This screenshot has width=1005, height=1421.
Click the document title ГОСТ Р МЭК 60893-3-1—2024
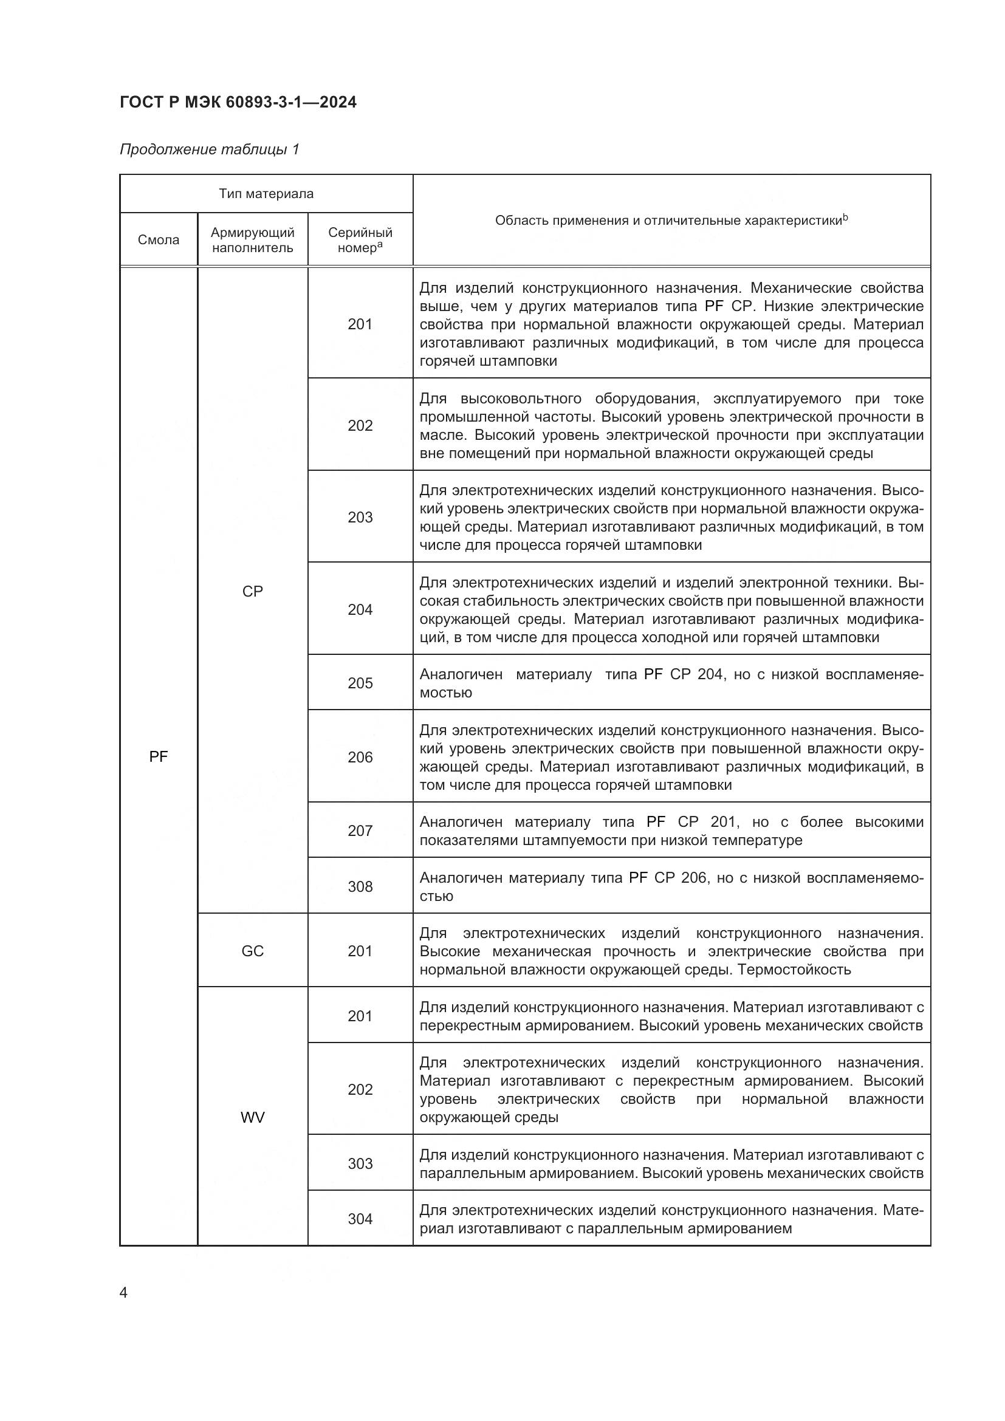[x=238, y=102]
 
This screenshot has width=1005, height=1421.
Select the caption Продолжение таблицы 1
[x=209, y=149]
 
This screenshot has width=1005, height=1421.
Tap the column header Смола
[x=159, y=240]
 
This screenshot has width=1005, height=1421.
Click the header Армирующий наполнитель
[x=253, y=240]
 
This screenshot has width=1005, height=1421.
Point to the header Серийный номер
[x=360, y=240]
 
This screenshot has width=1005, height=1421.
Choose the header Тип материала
[x=266, y=194]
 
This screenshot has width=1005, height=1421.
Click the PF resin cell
[x=159, y=756]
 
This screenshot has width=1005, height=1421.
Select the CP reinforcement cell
[x=253, y=591]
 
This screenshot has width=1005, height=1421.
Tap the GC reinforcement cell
[x=253, y=951]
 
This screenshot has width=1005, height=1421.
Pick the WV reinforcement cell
[x=253, y=1117]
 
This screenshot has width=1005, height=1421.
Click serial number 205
[x=360, y=683]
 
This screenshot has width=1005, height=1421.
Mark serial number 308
[x=360, y=886]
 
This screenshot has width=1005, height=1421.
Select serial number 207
[x=360, y=830]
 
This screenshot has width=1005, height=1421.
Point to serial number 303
[x=360, y=1163]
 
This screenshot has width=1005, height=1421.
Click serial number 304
[x=360, y=1219]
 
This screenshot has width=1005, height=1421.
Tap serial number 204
[x=360, y=609]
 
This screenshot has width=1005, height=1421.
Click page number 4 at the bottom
[x=123, y=1293]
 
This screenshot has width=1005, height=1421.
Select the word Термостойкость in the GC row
[x=794, y=969]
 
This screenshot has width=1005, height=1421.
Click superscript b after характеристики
[x=845, y=217]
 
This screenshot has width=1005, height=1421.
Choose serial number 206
[x=360, y=757]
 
